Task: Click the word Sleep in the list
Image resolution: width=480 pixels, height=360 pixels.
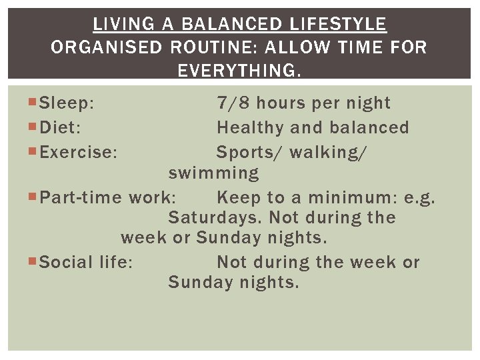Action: pos(66,103)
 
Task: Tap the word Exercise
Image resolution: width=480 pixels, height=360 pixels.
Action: pos(78,152)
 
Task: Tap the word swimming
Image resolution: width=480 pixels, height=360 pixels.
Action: pos(213,173)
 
